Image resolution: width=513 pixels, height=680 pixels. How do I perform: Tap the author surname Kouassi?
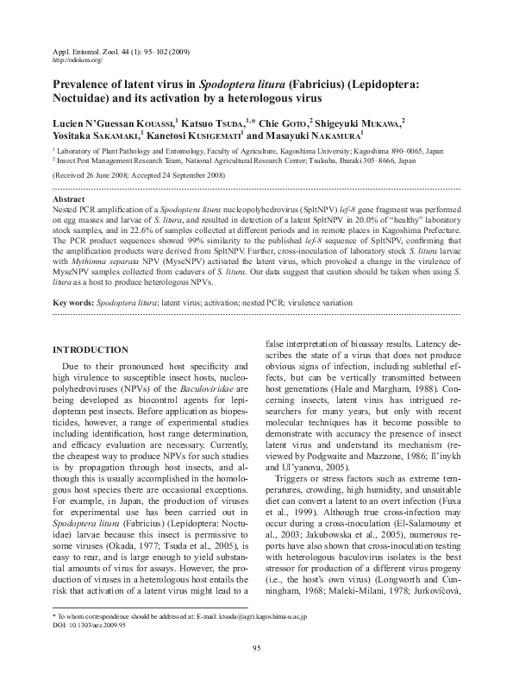tap(150, 123)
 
